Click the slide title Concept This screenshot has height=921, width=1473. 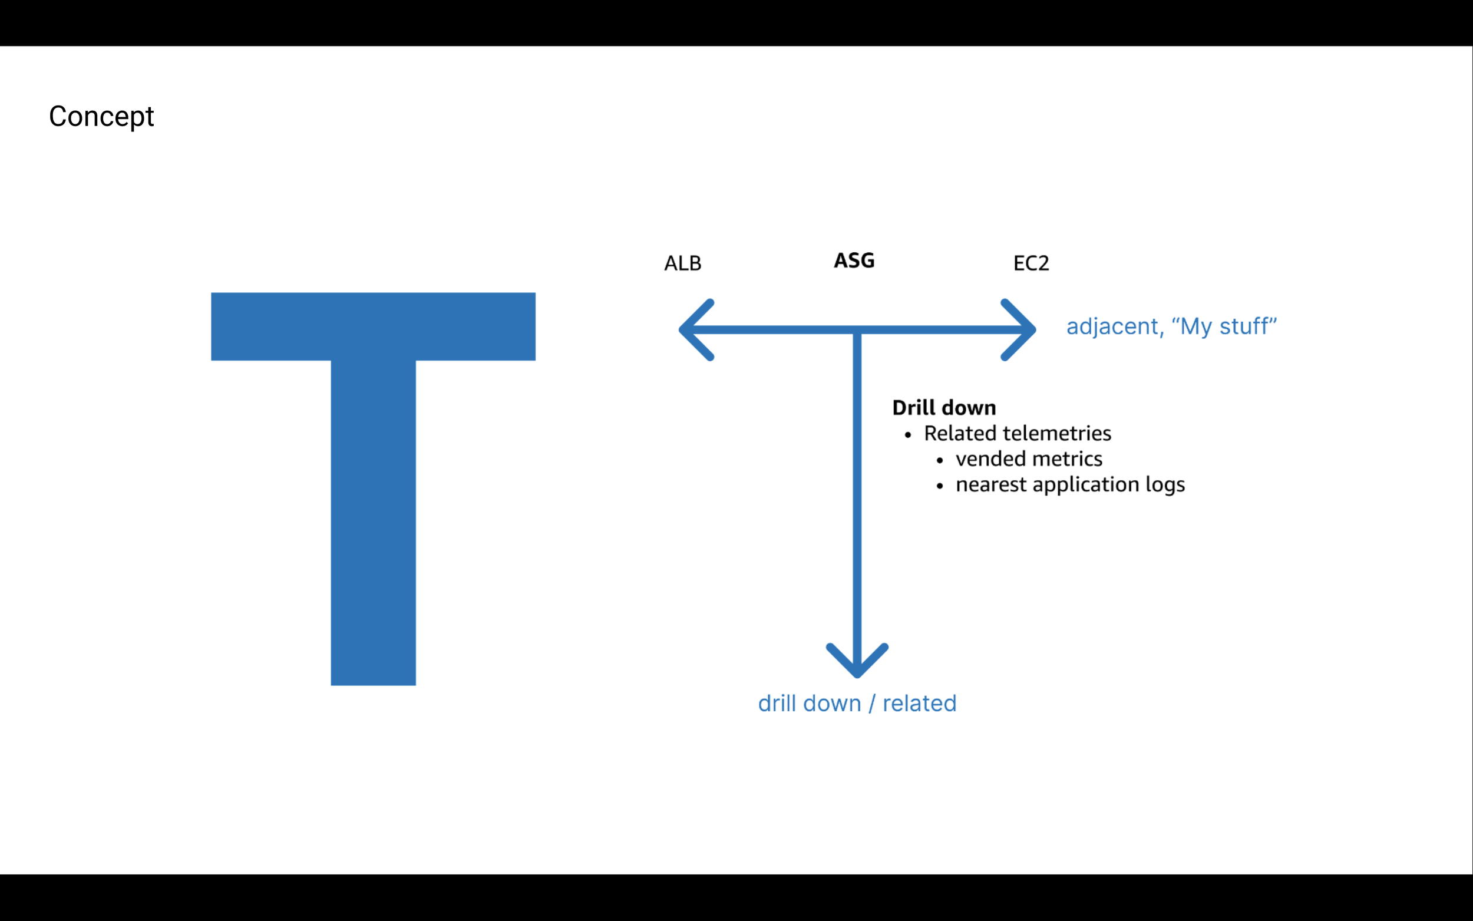[101, 116]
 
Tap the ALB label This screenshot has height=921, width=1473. [683, 263]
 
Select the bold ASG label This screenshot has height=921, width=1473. [854, 260]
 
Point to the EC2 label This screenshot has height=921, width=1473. [1031, 263]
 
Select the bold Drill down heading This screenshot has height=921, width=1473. [944, 408]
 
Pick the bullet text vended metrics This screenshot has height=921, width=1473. [1029, 458]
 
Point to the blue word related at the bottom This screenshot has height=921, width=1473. [920, 704]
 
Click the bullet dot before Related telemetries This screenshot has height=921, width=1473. [908, 435]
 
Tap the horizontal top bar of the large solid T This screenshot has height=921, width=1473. [374, 326]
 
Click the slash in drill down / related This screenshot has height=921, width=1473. [872, 704]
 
